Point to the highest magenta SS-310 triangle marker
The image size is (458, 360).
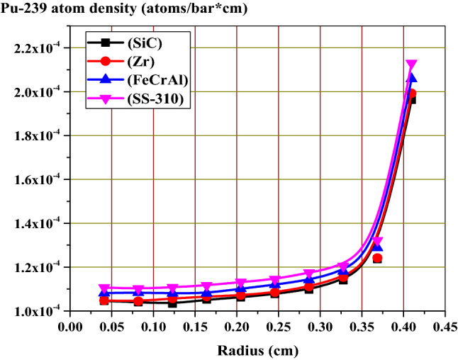click(x=410, y=65)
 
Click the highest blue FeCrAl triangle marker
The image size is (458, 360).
click(x=411, y=78)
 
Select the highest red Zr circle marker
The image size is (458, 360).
click(x=411, y=94)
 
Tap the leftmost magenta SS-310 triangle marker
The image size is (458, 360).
click(x=104, y=288)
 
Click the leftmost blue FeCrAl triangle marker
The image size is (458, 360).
click(x=104, y=292)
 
